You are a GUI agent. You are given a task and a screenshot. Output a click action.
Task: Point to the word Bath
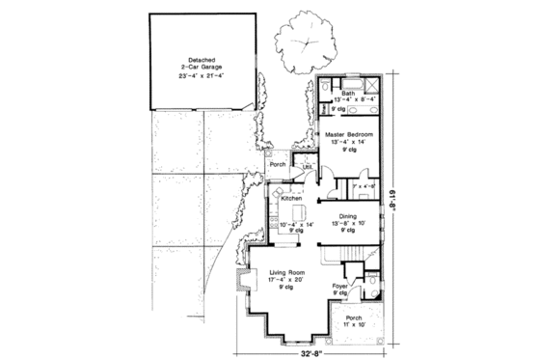[x=348, y=93]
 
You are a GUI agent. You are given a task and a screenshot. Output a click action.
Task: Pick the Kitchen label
[x=291, y=198]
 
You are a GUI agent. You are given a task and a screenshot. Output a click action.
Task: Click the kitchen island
[x=291, y=213]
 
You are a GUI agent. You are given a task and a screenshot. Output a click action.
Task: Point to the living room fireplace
[x=244, y=283]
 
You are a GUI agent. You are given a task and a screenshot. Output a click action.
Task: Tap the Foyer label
[x=340, y=286]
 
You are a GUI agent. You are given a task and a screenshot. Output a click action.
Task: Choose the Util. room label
[x=307, y=167]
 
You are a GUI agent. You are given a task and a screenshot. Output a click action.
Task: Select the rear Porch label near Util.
[x=279, y=163]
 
